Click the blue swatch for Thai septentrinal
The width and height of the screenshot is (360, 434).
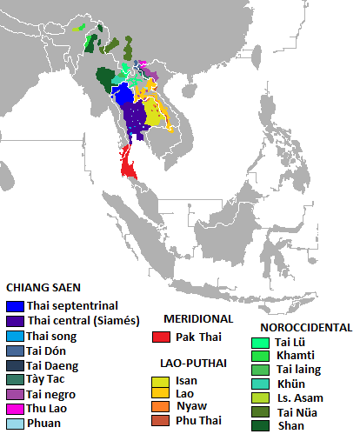pos(14,305)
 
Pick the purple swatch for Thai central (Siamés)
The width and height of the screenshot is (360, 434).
pos(14,320)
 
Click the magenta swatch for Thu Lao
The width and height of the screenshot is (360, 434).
pos(14,409)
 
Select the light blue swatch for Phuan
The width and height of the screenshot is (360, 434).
pos(14,424)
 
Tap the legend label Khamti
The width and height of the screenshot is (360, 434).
pos(295,356)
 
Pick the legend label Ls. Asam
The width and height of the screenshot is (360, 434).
pos(297,397)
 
